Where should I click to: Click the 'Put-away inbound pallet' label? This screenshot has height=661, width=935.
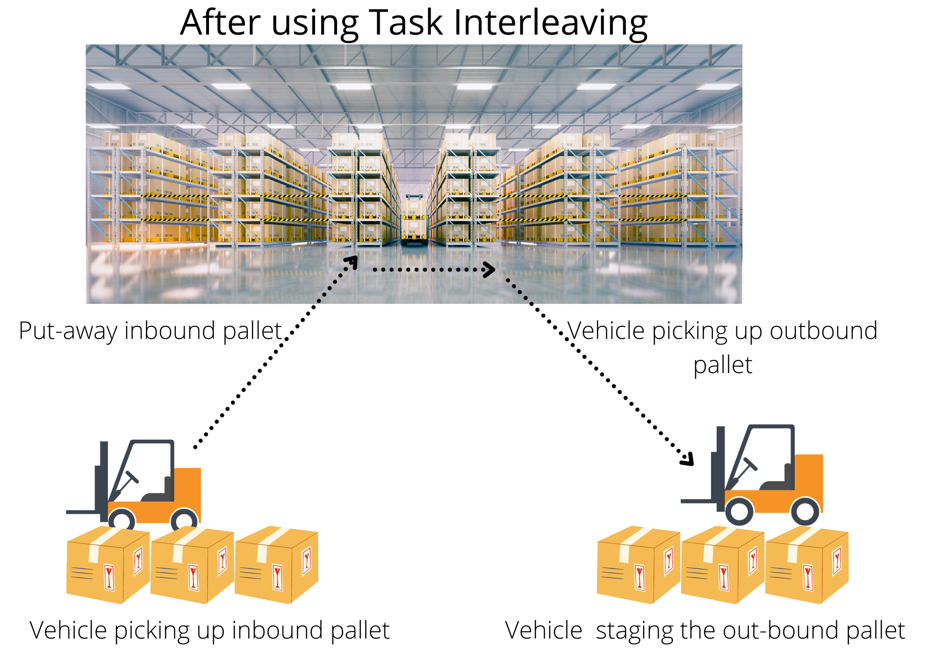pos(150,331)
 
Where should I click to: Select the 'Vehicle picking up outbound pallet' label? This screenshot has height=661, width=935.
pos(722,347)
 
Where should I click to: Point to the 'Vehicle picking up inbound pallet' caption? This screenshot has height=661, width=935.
pos(209,630)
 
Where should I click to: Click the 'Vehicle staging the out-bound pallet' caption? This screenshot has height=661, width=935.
pos(705,630)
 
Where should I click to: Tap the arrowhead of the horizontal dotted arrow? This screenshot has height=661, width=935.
pos(489,269)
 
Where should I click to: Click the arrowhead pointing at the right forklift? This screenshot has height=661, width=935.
pos(688,460)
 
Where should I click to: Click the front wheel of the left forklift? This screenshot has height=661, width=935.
pos(122,520)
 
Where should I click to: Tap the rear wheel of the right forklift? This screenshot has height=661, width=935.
pos(805,511)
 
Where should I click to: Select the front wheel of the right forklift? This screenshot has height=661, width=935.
pos(739,511)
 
